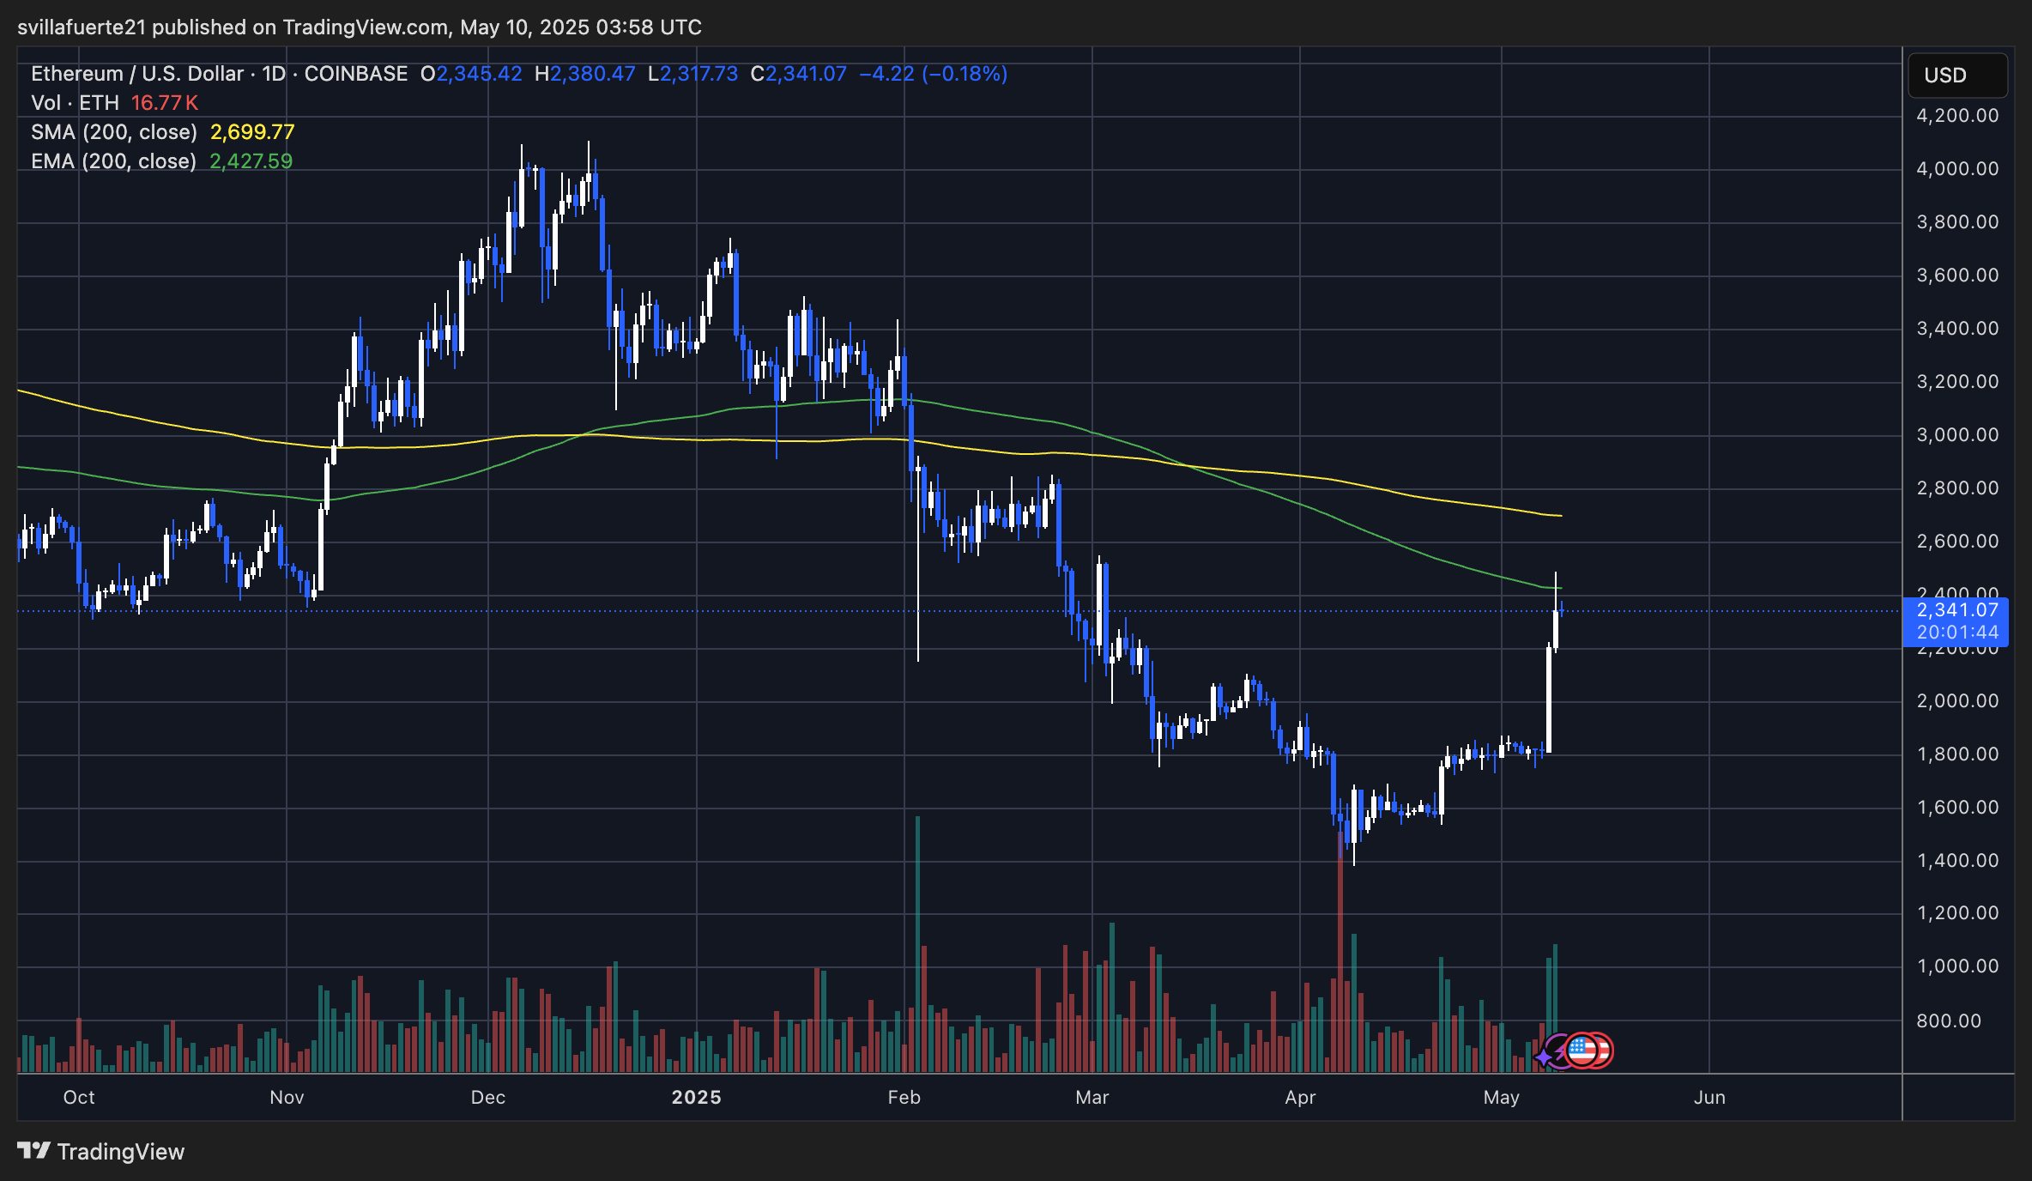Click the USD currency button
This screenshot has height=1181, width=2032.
(1956, 76)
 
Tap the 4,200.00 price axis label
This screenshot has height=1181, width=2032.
(1957, 116)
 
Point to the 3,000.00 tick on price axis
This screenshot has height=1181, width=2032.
(1957, 435)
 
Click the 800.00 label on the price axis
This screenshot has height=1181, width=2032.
(1949, 1021)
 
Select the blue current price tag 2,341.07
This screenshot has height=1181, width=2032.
(1957, 610)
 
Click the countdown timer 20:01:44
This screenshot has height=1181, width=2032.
(1957, 633)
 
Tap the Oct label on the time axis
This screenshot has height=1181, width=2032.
(79, 1098)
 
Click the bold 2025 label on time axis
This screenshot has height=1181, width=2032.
(696, 1098)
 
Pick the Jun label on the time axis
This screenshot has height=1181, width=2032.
(1708, 1098)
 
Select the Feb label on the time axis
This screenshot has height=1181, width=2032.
(904, 1098)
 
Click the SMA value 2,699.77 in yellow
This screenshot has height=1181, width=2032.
(252, 132)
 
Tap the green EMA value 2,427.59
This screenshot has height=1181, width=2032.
(251, 161)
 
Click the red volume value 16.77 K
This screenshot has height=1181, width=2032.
(165, 103)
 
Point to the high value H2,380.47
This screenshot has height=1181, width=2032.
(585, 74)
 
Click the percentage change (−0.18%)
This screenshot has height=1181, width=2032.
(965, 74)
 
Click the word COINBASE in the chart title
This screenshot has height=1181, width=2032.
(356, 74)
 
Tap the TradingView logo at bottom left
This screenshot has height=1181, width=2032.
(101, 1151)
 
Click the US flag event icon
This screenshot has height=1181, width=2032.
(1581, 1050)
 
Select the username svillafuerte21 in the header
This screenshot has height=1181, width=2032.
(82, 27)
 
